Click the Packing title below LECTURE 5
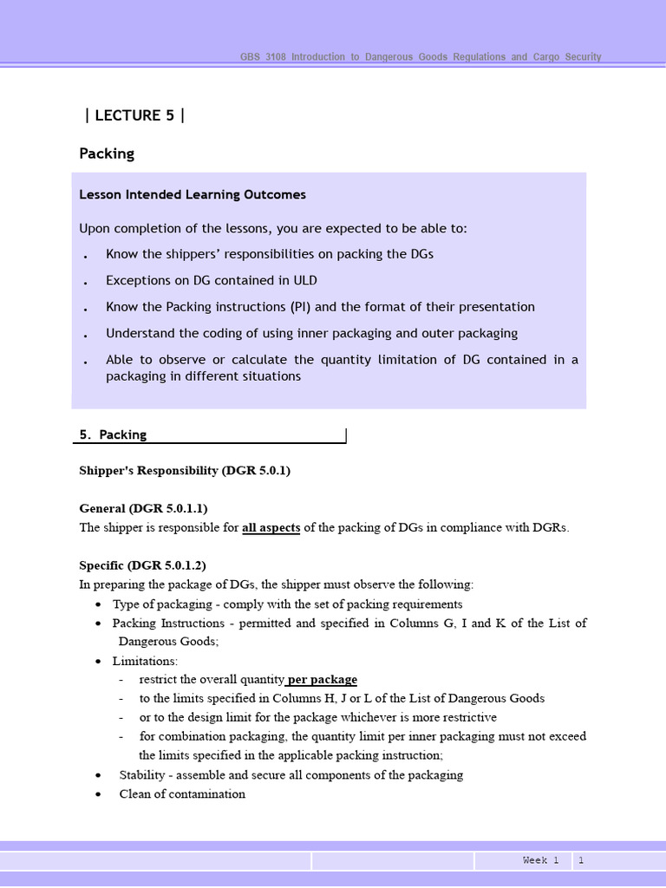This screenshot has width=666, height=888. tap(107, 153)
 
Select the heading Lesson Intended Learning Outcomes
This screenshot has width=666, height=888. tap(192, 194)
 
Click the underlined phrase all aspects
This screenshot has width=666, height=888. tap(271, 528)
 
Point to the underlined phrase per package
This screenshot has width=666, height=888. tap(322, 679)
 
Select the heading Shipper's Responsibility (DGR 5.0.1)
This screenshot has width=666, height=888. tap(184, 470)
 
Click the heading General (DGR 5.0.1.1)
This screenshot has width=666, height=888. tap(143, 508)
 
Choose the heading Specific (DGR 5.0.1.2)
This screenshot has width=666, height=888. tap(142, 565)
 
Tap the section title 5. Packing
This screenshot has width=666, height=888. tap(113, 434)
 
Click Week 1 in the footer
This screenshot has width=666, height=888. tap(540, 860)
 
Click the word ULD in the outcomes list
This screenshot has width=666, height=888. tap(305, 280)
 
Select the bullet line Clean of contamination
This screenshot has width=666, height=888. tap(182, 793)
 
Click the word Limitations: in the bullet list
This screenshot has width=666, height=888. tap(145, 661)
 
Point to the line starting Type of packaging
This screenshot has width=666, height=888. tap(287, 604)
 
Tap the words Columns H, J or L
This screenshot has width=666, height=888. tap(323, 698)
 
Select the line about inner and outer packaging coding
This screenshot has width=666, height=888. tap(311, 333)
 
